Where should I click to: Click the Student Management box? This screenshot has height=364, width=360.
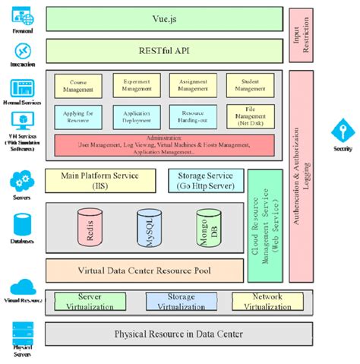(x=250, y=85)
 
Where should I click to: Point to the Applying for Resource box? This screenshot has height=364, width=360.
(x=77, y=116)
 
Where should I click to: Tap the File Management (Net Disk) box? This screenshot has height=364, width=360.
(x=250, y=116)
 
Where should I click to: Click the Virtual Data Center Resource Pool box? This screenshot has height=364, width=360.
(x=144, y=270)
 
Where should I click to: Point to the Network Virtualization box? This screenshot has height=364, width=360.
(x=261, y=302)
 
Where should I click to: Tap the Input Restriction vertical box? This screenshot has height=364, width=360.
(x=302, y=36)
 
